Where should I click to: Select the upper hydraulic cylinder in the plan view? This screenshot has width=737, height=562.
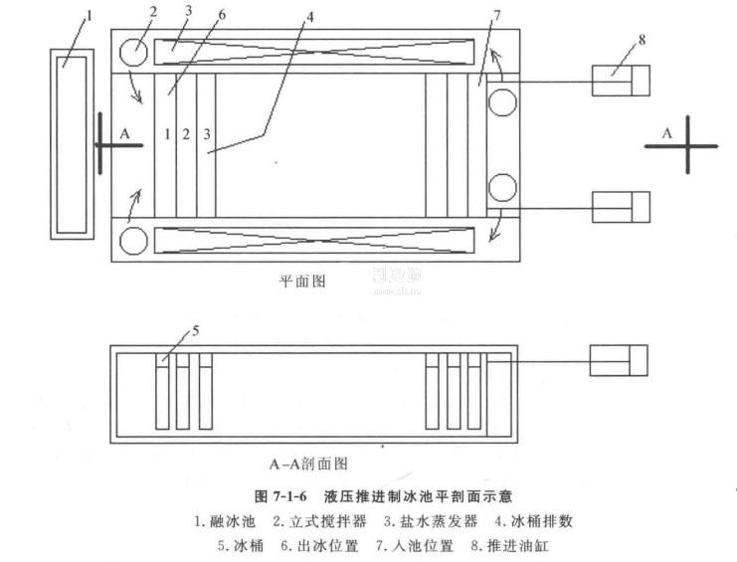click(621, 81)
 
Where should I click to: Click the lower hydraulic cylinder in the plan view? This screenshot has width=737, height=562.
click(621, 207)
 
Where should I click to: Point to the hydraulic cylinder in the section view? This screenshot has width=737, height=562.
click(619, 359)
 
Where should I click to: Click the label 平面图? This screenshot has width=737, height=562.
click(301, 281)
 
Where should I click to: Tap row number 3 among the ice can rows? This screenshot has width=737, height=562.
click(206, 133)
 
